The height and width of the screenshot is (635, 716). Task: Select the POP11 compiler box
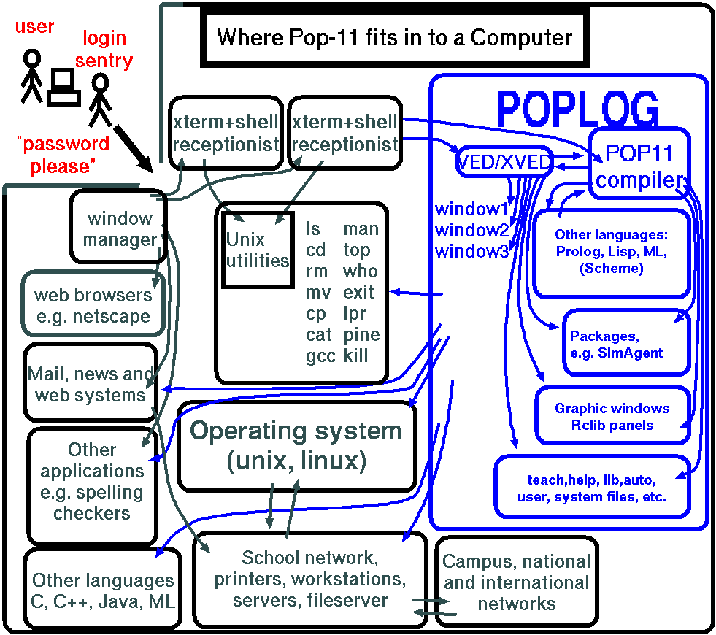(639, 165)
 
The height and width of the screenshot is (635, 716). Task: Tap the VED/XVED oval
(503, 162)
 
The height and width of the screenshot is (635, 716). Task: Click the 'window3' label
(471, 251)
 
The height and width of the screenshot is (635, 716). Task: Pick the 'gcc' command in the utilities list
(320, 356)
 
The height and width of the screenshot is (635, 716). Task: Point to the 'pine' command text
(361, 335)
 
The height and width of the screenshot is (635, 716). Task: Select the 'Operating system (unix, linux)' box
(296, 445)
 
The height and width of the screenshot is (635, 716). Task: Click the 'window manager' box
(119, 228)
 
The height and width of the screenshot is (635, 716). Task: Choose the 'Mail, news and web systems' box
(91, 385)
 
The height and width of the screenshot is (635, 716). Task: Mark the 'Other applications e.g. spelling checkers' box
(92, 482)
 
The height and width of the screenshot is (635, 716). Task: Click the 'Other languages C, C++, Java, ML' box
(103, 590)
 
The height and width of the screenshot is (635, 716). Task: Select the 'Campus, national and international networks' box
(517, 582)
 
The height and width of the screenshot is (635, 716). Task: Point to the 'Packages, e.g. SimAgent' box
(626, 344)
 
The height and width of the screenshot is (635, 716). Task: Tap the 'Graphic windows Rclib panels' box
(612, 417)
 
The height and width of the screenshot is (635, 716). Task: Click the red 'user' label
(34, 27)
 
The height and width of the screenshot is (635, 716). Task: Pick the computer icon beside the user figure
(63, 88)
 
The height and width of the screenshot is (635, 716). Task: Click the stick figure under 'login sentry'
(100, 99)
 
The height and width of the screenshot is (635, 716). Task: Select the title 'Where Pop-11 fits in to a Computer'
(395, 36)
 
